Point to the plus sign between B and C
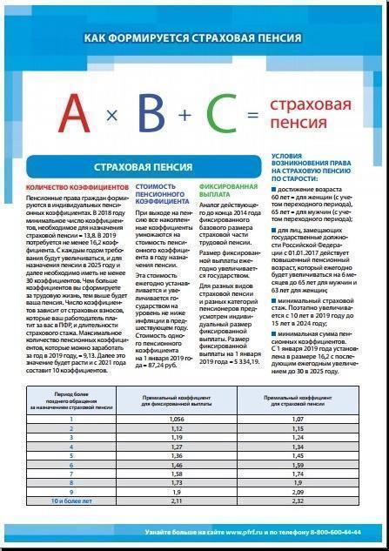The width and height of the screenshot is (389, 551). click(184, 115)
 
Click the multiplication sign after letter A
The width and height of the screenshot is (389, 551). click(111, 117)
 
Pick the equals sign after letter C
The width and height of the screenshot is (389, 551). click(253, 116)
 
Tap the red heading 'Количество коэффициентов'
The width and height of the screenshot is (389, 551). click(77, 186)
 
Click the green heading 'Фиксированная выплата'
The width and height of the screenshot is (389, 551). click(228, 191)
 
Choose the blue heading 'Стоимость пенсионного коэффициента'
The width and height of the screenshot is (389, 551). click(160, 196)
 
